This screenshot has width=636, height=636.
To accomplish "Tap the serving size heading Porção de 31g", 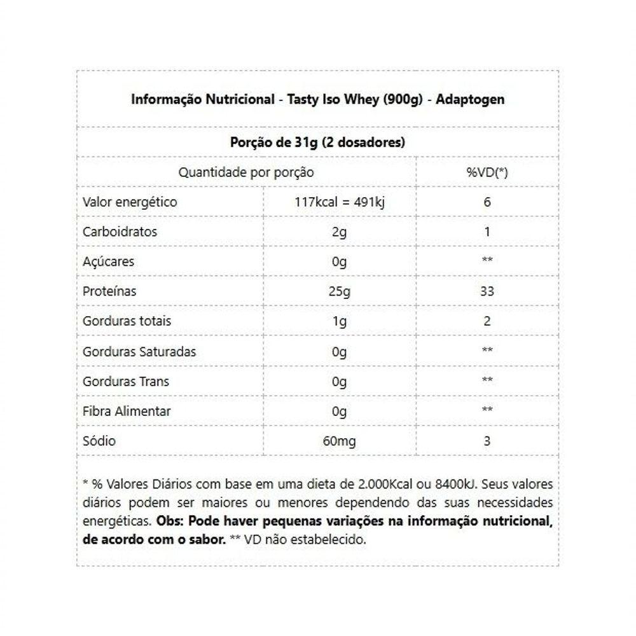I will tap(317, 142).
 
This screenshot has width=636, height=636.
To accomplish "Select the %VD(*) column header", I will tap(487, 172).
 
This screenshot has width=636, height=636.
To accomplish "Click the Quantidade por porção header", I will tap(245, 172).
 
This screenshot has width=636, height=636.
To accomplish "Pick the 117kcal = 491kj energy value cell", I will tap(340, 202).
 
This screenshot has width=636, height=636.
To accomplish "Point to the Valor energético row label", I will tap(130, 202).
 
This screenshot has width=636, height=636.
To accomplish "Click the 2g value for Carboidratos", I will tap(340, 232).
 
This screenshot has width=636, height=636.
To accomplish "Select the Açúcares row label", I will tap(108, 262).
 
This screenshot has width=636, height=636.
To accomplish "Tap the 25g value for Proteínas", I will tap(340, 292).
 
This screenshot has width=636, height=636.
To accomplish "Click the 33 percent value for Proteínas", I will tap(487, 292).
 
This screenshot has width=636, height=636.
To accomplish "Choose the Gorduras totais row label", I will tap(127, 321).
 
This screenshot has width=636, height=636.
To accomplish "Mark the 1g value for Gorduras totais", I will tap(340, 321).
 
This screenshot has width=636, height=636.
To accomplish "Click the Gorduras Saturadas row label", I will tap(139, 352).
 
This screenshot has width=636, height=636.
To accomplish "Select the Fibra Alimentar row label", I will tap(127, 411).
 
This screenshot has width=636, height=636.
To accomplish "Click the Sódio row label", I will tap(99, 441).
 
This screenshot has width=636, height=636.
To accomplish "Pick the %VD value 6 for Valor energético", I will tap(487, 202).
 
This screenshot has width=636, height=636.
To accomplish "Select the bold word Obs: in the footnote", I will tap(170, 522).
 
